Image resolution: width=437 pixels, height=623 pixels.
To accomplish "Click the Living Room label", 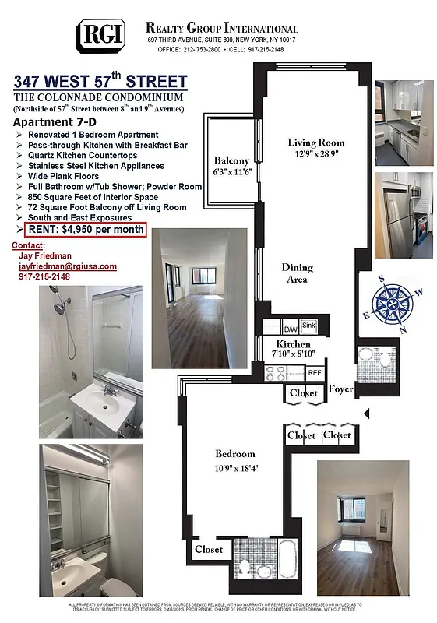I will point(315,143).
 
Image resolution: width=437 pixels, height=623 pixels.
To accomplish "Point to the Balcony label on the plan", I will point(231,161).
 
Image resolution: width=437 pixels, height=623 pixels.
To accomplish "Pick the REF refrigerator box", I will point(314,373).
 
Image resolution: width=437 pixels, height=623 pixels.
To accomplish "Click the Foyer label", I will point(341,389).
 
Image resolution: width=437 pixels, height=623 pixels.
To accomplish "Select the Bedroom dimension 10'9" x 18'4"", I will point(235,467).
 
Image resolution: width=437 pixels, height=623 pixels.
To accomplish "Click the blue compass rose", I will point(394,304).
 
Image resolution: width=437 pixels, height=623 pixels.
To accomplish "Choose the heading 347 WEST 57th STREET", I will point(100,82).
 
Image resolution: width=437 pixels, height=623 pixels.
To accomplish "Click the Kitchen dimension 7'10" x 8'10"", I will point(293,355).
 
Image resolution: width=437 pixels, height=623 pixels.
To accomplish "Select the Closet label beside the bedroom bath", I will point(209,549).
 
